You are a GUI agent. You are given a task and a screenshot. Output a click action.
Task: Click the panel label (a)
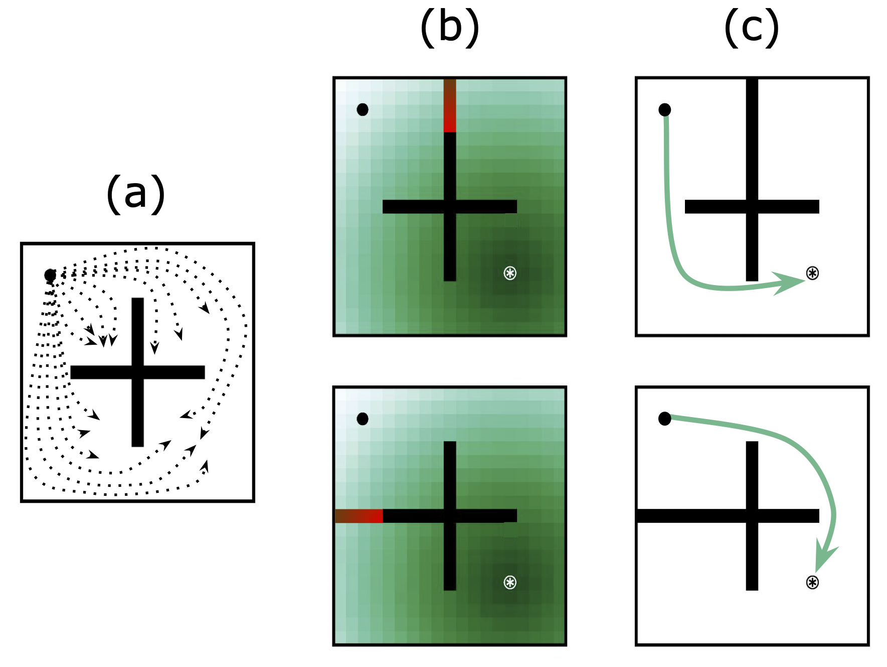click(136, 194)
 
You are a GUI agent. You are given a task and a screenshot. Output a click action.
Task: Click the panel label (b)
click(450, 28)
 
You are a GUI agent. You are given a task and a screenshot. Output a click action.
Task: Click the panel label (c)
click(752, 28)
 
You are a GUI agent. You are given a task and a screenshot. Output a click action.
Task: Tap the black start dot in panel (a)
click(50, 275)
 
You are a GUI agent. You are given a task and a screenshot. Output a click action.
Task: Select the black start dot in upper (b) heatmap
click(363, 109)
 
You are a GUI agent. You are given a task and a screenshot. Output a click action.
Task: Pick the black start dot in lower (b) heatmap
click(363, 419)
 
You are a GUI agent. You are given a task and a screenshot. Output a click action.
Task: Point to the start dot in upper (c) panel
click(665, 109)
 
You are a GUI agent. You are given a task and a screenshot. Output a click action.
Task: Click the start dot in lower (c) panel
click(665, 419)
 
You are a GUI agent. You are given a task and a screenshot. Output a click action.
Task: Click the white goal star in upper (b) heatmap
click(510, 273)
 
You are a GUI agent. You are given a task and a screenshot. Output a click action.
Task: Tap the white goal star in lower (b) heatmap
click(510, 582)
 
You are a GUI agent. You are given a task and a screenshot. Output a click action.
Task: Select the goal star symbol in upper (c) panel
click(812, 273)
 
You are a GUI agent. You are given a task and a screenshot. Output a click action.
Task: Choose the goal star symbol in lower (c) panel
click(812, 582)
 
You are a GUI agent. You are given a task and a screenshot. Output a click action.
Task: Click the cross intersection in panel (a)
click(138, 372)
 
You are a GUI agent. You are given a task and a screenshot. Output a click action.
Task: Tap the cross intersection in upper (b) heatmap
click(450, 206)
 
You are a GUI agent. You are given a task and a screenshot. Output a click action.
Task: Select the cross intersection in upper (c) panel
click(752, 206)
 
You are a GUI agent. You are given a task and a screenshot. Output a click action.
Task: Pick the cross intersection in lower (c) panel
click(752, 516)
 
